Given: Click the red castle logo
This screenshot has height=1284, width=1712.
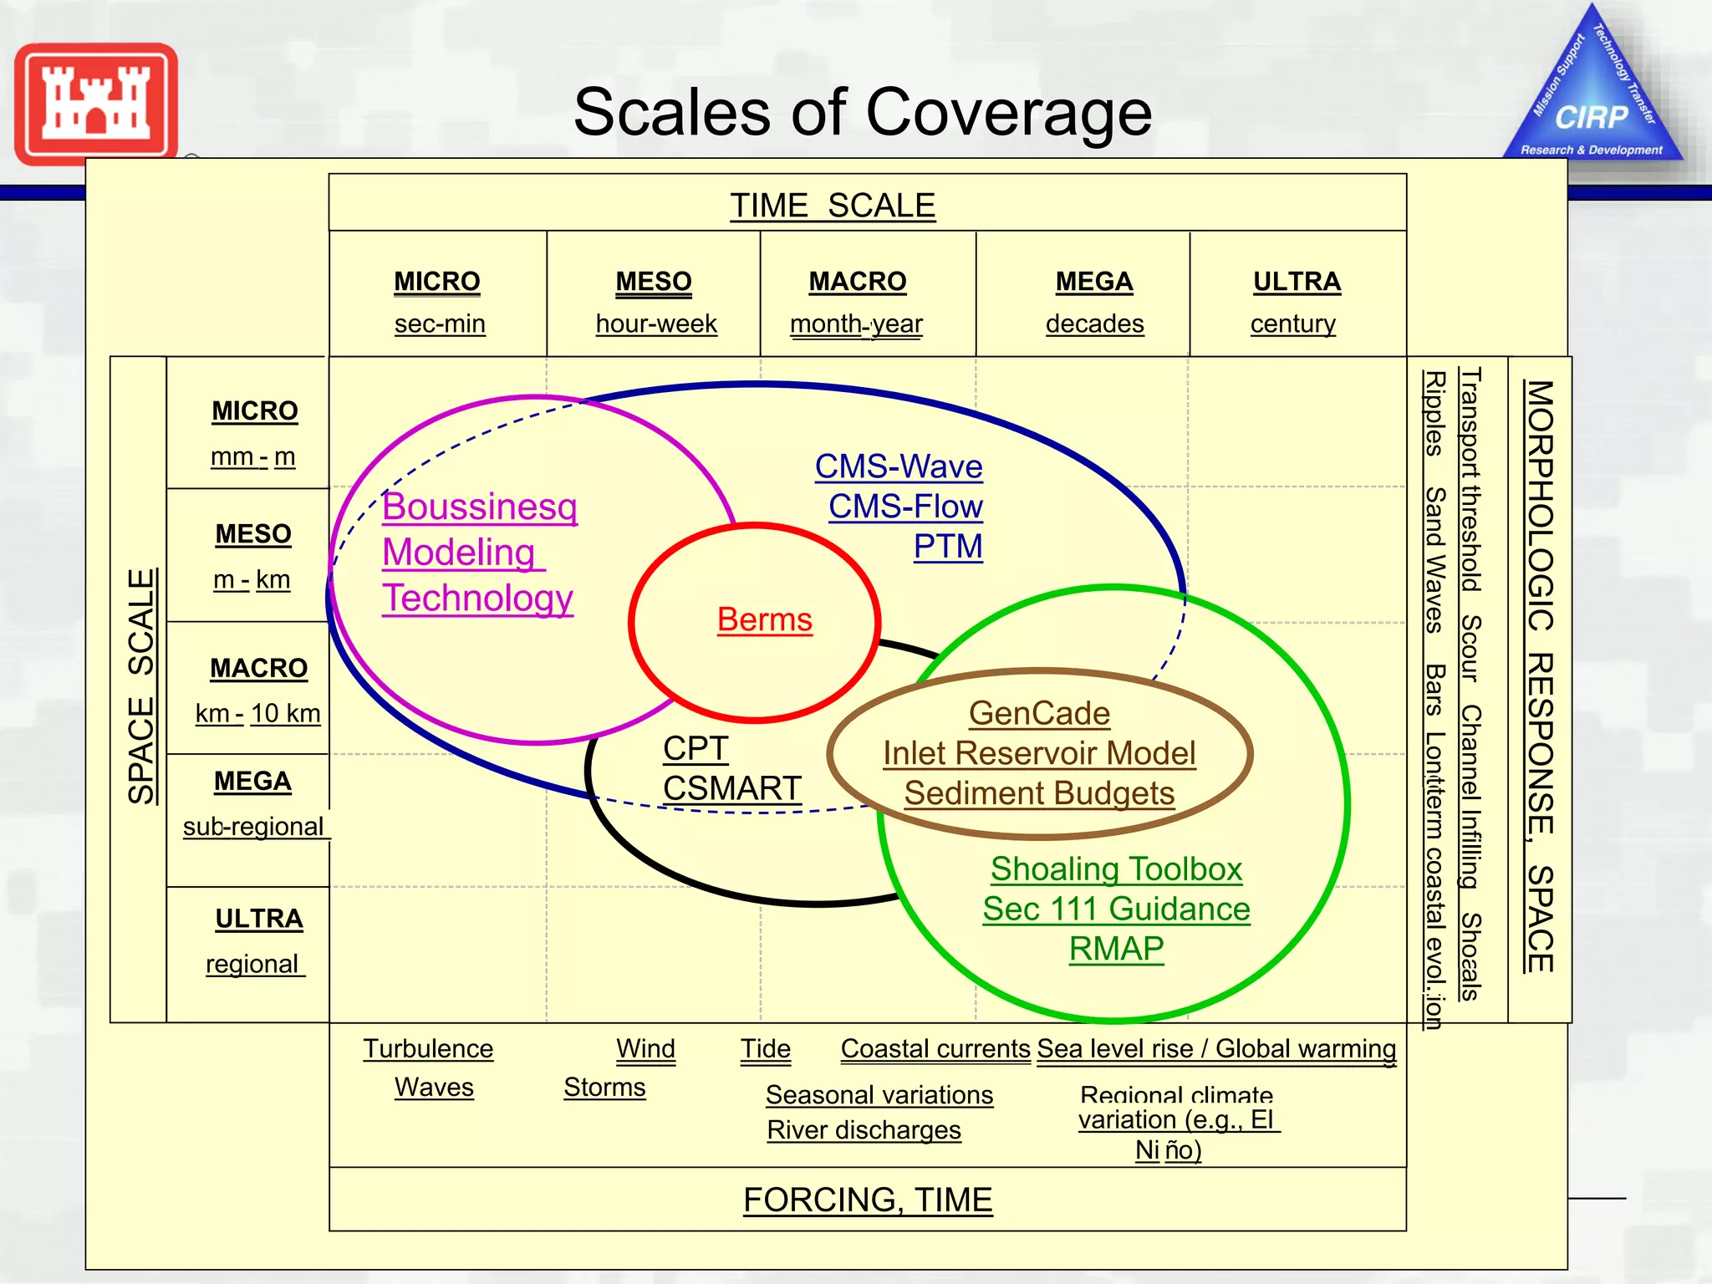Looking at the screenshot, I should point(96,104).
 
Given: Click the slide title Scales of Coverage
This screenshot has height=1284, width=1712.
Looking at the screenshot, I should point(863,113).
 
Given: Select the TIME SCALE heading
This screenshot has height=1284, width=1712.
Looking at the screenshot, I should point(833,206).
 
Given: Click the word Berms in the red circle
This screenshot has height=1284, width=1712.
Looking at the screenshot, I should point(764,620).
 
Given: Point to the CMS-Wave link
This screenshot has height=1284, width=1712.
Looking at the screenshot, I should point(899,466).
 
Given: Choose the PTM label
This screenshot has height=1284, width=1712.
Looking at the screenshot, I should point(948,547).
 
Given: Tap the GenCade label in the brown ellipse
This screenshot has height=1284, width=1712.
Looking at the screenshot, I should point(1039,713).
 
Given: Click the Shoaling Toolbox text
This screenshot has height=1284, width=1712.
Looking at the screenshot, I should point(1116,869).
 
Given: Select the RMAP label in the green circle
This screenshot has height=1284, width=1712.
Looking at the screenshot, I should point(1116,949).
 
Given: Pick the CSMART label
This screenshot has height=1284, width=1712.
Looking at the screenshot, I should point(731,788).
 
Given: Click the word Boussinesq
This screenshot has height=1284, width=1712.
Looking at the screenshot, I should point(480,507).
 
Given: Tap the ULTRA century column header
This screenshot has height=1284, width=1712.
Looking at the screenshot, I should point(1296,302).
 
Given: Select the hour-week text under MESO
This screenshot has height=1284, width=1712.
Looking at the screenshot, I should point(656,324).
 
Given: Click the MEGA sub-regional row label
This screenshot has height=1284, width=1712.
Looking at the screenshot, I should point(253,803).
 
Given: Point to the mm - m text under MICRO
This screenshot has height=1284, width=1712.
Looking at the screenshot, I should point(253,457).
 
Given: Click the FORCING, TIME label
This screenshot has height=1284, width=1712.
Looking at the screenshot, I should point(868,1200).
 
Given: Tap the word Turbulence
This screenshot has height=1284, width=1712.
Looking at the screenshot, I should point(428,1049).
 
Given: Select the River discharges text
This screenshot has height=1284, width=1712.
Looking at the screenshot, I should point(864,1130).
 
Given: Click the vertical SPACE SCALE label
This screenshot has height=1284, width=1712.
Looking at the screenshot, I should point(141,686).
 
